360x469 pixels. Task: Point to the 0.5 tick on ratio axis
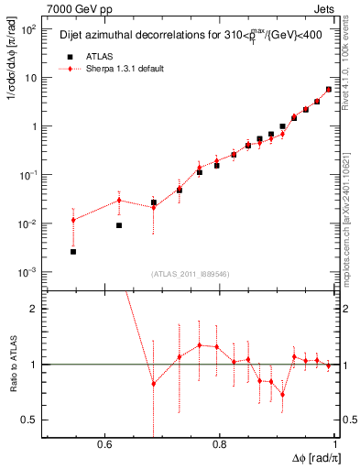click(30, 420)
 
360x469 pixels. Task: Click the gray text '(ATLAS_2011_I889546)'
click(190, 274)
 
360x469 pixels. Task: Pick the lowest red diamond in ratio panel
click(282, 395)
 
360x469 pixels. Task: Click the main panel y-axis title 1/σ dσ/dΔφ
click(11, 92)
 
